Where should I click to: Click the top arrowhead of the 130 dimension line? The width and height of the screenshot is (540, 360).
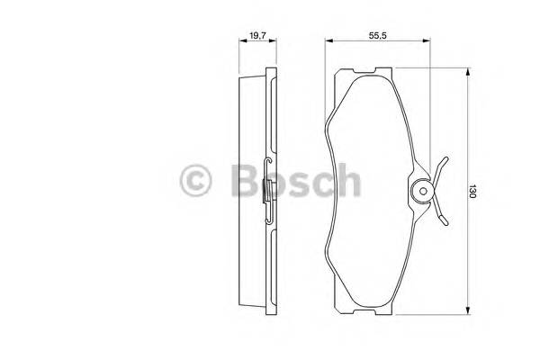point(466,71)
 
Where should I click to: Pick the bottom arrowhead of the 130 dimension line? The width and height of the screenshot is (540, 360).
point(466,312)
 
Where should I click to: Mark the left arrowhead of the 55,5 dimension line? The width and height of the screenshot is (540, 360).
point(328,42)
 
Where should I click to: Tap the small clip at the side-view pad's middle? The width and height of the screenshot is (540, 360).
point(266,192)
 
